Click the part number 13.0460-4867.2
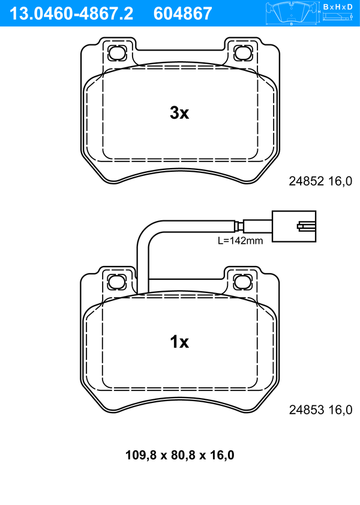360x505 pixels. click(71, 14)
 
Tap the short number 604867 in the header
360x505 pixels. click(182, 14)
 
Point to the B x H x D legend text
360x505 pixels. click(338, 7)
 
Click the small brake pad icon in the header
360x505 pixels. click(291, 13)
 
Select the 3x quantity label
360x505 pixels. click(179, 113)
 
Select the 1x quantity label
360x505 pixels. click(179, 342)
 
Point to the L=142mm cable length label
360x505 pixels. click(240, 241)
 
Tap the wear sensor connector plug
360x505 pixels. click(294, 226)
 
